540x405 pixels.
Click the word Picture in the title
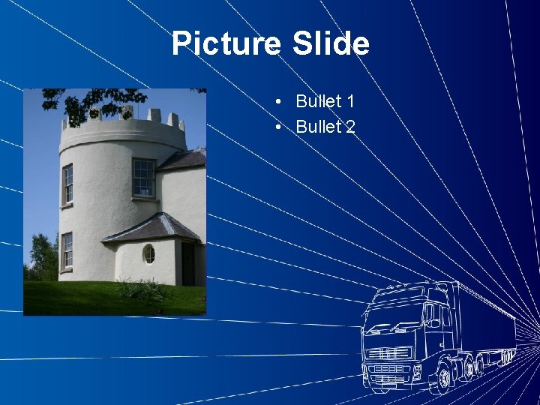click(x=225, y=43)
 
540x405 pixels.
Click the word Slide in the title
click(x=330, y=43)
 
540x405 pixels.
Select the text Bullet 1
click(x=325, y=101)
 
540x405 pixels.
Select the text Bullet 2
click(x=325, y=127)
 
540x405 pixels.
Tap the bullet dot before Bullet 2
click(x=278, y=127)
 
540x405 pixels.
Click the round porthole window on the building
click(x=148, y=254)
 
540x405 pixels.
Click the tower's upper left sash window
click(x=67, y=184)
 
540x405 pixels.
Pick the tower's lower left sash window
click(x=67, y=250)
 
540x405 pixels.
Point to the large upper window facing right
click(x=143, y=178)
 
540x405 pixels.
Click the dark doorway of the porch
click(x=187, y=262)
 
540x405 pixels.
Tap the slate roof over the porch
click(x=154, y=226)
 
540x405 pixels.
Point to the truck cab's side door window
click(x=433, y=315)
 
